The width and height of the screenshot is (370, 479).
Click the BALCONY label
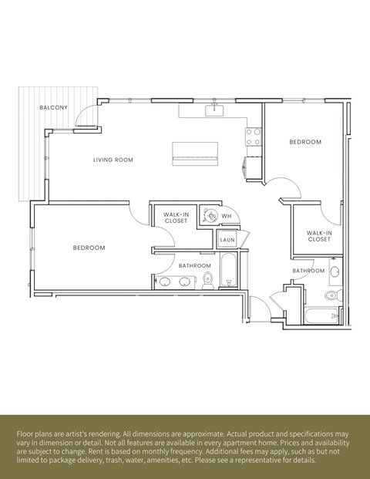tap(54, 107)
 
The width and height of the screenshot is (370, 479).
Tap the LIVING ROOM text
tap(113, 160)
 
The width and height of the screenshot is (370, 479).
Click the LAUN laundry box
tap(227, 240)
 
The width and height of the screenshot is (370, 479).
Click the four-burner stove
tap(254, 137)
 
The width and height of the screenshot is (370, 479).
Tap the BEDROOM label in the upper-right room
tap(305, 142)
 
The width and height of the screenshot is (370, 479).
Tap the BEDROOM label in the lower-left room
tap(89, 248)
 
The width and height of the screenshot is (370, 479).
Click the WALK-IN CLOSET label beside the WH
tap(176, 218)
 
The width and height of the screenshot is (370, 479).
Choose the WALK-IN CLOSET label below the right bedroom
tap(318, 236)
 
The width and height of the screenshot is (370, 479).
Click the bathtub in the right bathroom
tap(320, 315)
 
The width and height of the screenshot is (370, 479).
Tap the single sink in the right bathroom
tap(335, 271)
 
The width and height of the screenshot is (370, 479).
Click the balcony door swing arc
tap(88, 116)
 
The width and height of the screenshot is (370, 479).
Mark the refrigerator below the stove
tap(254, 166)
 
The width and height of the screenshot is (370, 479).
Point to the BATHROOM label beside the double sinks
tap(194, 265)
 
